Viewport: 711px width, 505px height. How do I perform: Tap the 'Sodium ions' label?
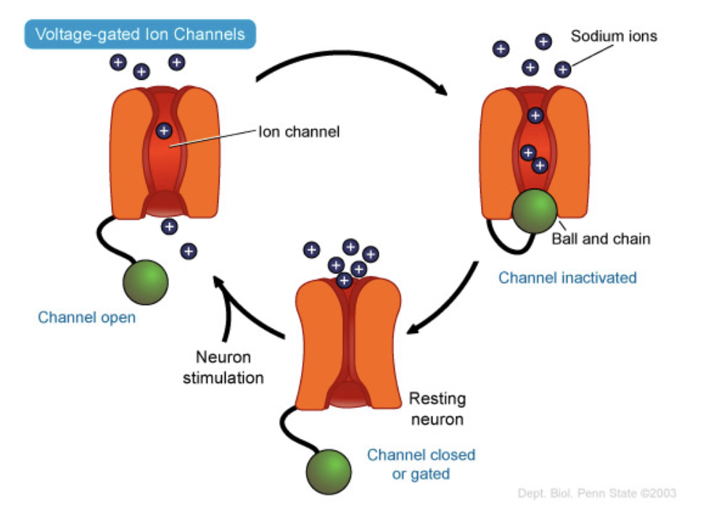[614, 36]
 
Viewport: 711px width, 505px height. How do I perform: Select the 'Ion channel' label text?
[300, 132]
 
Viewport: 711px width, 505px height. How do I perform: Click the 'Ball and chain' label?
[601, 239]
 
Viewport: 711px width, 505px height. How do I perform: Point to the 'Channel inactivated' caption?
[567, 277]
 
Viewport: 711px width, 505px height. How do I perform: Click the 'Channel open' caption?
[87, 317]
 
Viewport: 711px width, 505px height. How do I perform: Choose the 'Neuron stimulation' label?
[223, 367]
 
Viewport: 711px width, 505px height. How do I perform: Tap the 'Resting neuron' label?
[437, 408]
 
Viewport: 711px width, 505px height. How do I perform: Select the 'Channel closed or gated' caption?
[421, 464]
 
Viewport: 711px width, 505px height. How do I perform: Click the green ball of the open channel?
[145, 282]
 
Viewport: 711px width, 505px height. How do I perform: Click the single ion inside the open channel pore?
[165, 131]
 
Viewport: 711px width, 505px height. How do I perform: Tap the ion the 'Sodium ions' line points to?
[562, 70]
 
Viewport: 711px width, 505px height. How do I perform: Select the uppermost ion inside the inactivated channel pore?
[535, 115]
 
